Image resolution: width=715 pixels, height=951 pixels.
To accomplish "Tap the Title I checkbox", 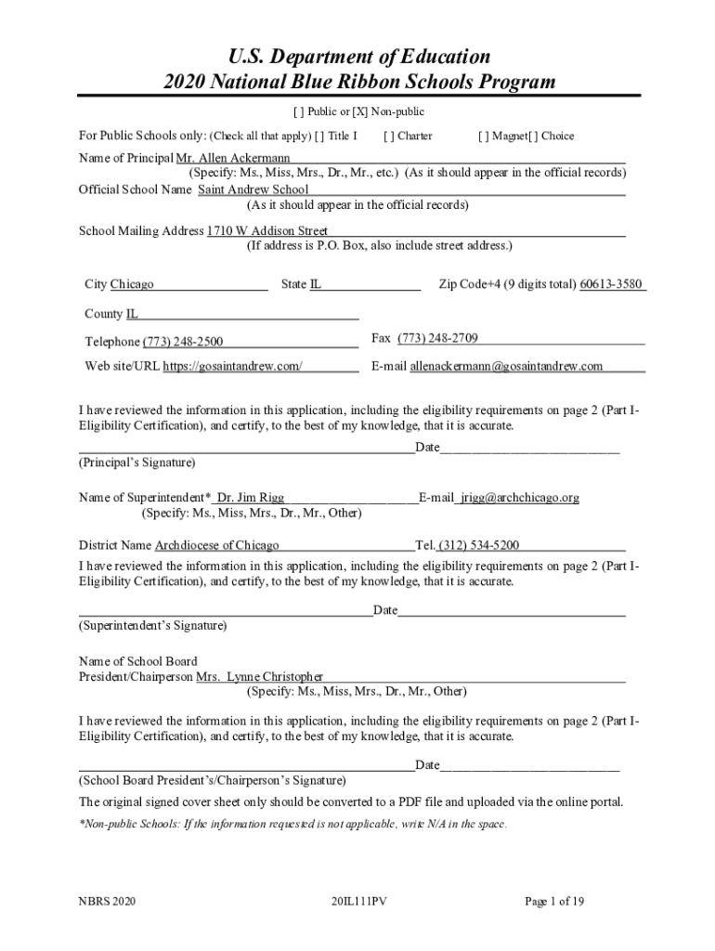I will click(319, 137).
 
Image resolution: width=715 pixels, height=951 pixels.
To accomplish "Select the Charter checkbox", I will click(388, 137).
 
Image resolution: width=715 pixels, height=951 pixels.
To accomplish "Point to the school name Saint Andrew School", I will click(253, 189).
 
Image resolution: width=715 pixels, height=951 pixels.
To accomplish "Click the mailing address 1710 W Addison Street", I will click(267, 230).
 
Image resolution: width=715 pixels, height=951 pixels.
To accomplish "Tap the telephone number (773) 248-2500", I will click(182, 342).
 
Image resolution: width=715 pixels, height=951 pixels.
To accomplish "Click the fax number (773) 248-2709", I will click(437, 338).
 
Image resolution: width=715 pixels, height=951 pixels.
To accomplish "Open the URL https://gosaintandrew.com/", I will click(233, 366).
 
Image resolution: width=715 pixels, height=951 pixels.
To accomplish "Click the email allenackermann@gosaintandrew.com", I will click(506, 366).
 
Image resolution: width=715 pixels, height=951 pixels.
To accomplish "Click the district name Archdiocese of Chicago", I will click(216, 545).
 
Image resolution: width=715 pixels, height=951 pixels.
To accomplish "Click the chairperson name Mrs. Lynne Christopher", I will click(260, 677).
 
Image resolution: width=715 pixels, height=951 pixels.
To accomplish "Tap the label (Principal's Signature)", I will click(136, 462).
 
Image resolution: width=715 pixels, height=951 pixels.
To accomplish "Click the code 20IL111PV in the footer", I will click(357, 901).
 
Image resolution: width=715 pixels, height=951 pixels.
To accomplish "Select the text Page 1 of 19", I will click(554, 901).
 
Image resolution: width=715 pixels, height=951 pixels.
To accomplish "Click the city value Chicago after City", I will click(132, 284).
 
